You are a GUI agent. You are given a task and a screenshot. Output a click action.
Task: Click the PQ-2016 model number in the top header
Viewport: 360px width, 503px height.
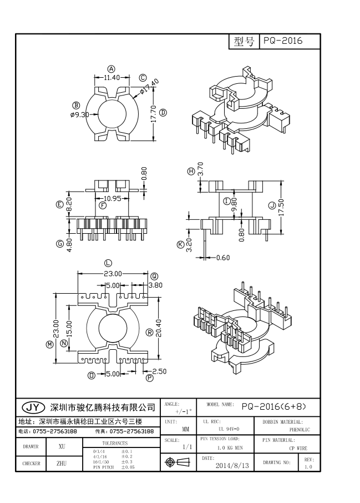[283, 42]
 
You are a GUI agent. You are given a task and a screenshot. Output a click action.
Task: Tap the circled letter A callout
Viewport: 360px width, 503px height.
[111, 69]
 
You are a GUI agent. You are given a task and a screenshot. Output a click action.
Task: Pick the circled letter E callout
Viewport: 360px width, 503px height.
[60, 204]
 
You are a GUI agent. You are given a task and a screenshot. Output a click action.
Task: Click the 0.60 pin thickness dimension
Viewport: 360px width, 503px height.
[222, 258]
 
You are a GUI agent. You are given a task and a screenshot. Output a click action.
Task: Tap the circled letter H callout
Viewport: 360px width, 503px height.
[191, 172]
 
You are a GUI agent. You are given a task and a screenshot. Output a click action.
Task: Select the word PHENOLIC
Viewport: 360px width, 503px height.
[300, 429]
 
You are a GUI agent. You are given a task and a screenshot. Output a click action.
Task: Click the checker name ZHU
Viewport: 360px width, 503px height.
[62, 462]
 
